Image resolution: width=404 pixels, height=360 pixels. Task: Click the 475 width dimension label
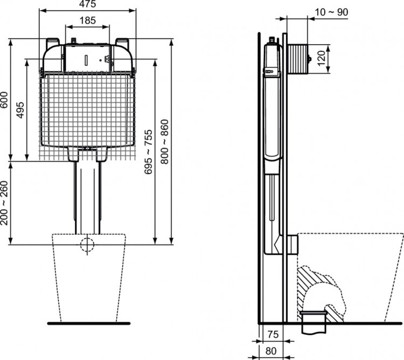pos(87,5)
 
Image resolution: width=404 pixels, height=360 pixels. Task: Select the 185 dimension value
pos(87,20)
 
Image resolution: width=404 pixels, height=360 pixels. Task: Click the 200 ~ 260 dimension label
pos(5,202)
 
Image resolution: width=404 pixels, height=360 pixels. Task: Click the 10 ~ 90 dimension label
pos(331,12)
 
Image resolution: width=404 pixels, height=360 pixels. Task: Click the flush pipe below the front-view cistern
pos(86,194)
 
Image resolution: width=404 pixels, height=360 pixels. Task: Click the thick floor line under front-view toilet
pos(88,323)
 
